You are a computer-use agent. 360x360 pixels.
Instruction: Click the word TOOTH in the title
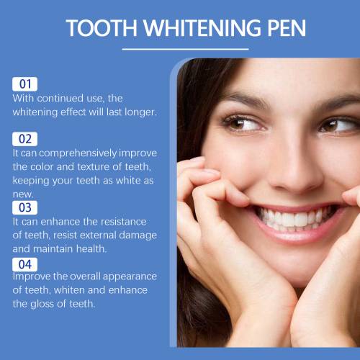click(x=102, y=28)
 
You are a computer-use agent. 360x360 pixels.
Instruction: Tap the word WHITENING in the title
click(x=202, y=28)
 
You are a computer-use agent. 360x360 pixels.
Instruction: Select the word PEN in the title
click(x=287, y=28)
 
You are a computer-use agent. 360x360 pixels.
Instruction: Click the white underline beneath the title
click(x=185, y=49)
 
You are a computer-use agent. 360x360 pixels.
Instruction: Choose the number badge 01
click(x=25, y=84)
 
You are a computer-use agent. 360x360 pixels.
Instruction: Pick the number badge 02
click(x=25, y=139)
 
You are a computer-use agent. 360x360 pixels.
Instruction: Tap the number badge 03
click(x=25, y=207)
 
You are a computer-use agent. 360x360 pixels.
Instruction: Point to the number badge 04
click(x=25, y=264)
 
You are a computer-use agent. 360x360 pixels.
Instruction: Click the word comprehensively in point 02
click(x=78, y=153)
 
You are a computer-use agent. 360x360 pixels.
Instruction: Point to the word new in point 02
click(x=23, y=194)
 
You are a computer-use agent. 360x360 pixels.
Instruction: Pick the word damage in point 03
click(x=138, y=235)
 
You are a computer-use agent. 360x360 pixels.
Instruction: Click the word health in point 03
click(x=91, y=249)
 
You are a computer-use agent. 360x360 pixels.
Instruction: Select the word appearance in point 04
click(x=130, y=277)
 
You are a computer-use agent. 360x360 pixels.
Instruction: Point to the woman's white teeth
click(x=295, y=219)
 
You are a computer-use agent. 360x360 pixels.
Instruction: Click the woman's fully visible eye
click(x=243, y=124)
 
